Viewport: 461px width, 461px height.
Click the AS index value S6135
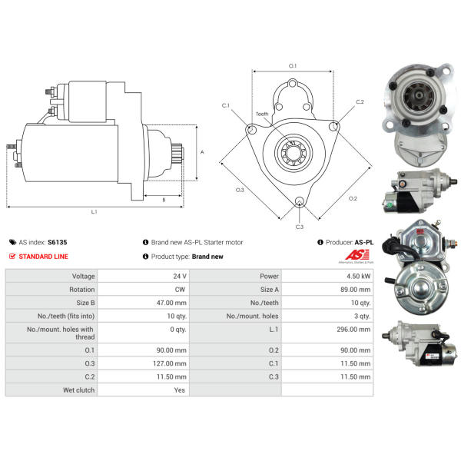[58, 242]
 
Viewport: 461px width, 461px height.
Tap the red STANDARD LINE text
[43, 257]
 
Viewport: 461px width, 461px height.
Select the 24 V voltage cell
[180, 277]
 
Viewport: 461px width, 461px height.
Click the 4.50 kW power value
[358, 277]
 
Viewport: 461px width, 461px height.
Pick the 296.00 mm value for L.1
[353, 330]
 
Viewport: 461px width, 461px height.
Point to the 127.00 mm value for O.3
[170, 363]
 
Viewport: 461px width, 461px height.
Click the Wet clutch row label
[79, 390]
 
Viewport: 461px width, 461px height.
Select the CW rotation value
[180, 290]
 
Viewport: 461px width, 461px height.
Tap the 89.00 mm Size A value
[356, 290]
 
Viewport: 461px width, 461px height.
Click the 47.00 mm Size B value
[171, 303]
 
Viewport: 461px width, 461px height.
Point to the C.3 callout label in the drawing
[300, 227]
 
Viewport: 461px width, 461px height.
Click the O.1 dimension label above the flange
[293, 66]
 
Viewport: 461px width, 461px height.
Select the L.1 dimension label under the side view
[94, 211]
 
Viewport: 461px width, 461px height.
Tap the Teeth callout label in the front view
[262, 114]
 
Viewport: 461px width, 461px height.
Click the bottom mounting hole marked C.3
[300, 201]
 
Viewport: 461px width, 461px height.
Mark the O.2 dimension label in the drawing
[353, 198]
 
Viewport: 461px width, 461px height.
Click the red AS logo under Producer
[357, 254]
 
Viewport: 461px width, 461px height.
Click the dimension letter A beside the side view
[202, 152]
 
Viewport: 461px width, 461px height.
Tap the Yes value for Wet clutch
[179, 390]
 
